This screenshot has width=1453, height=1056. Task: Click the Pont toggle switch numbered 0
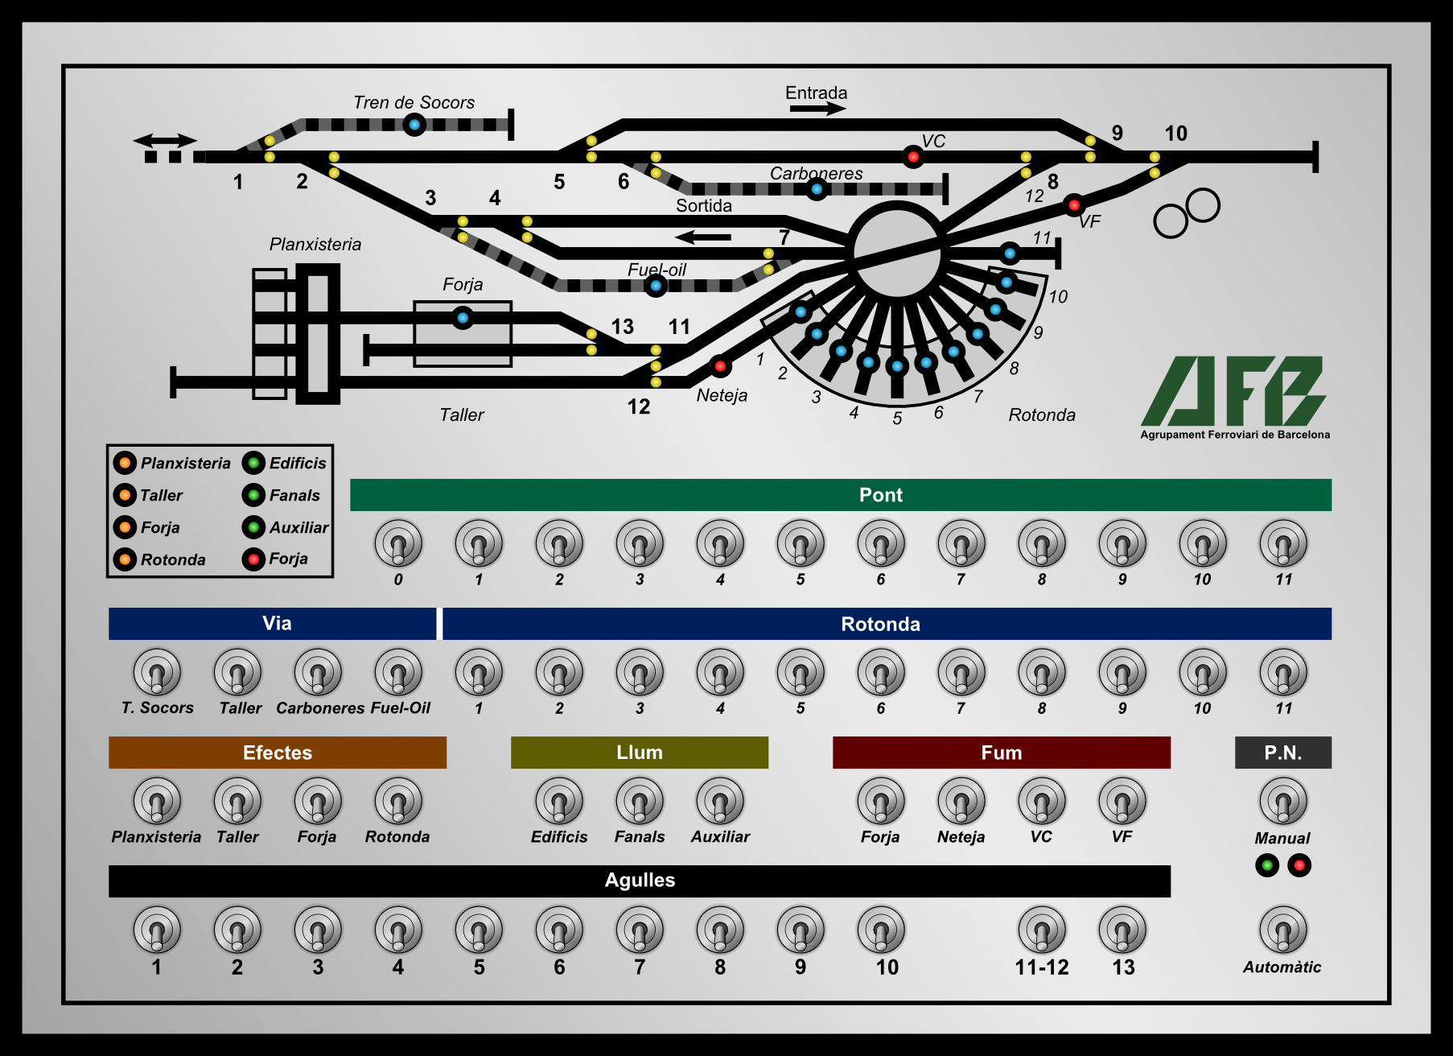click(x=398, y=543)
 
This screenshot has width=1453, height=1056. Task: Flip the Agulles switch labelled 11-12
click(x=1042, y=930)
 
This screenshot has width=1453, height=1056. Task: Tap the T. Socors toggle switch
click(x=157, y=672)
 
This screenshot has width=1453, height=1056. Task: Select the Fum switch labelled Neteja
click(x=961, y=801)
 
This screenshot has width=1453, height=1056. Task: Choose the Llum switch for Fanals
click(x=640, y=801)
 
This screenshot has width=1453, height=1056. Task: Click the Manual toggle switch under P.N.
click(x=1283, y=801)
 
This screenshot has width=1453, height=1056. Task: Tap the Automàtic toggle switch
click(x=1283, y=930)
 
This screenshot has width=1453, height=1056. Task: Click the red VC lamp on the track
click(x=912, y=156)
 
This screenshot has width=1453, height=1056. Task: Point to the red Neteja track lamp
click(x=720, y=366)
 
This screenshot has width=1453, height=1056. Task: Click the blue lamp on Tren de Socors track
click(x=414, y=125)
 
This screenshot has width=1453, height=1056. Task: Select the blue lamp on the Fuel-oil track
click(x=656, y=286)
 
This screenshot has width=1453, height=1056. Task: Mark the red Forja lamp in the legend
click(x=253, y=559)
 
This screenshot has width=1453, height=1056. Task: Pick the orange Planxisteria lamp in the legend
click(x=125, y=463)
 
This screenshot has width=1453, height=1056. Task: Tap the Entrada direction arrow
click(x=817, y=109)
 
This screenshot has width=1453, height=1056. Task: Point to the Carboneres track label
click(x=816, y=173)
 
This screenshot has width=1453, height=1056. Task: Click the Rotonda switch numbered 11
click(x=1283, y=672)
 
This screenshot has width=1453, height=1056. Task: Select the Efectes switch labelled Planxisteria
click(x=157, y=801)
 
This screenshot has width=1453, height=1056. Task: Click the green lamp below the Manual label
click(x=1267, y=865)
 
